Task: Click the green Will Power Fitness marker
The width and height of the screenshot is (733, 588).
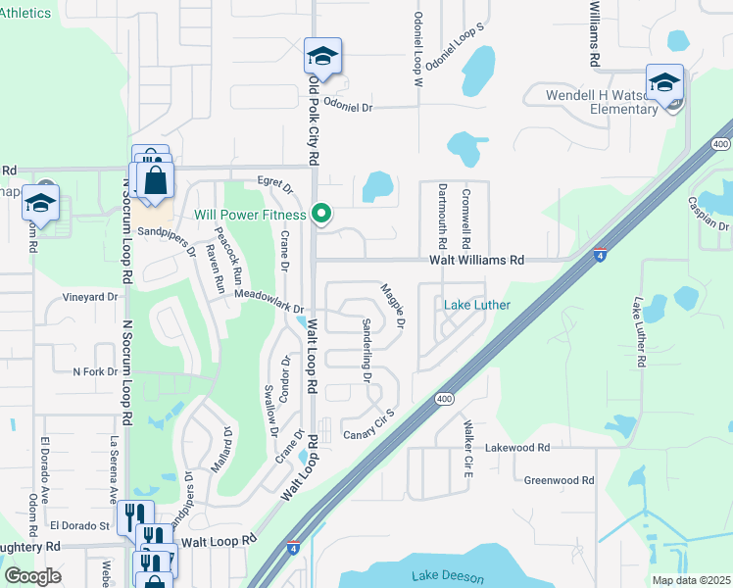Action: (320, 213)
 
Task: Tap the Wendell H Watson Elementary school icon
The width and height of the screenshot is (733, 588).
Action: (664, 83)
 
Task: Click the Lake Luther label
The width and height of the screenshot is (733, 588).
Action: (477, 305)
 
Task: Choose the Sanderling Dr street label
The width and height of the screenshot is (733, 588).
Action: (366, 351)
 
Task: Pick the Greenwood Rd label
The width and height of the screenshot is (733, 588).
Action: (560, 480)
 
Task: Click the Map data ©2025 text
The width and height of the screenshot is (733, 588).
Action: (691, 580)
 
